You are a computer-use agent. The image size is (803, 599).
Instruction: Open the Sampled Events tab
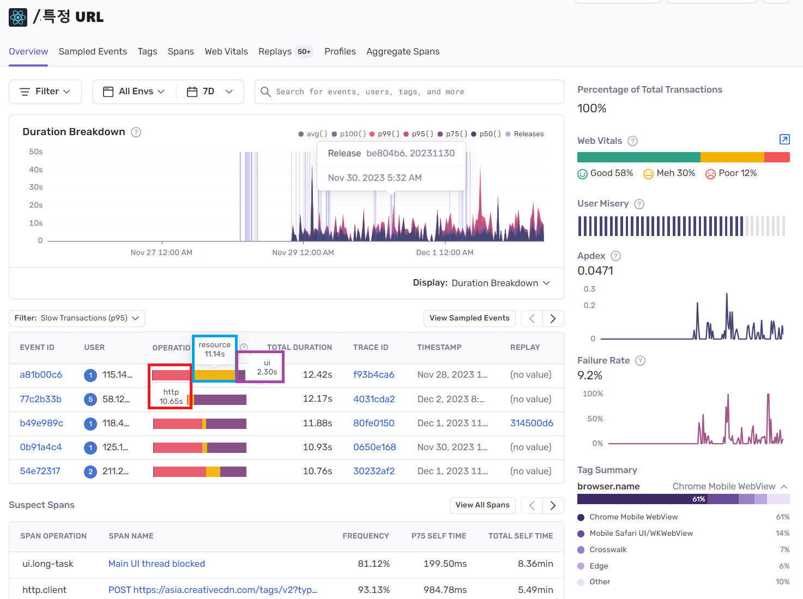93,52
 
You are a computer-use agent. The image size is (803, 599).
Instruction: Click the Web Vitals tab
226,52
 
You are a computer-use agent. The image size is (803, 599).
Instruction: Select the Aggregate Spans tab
403,52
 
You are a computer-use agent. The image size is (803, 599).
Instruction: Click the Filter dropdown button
45,92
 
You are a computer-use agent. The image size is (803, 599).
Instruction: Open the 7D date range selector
210,92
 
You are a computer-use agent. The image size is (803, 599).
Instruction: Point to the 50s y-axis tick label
35,152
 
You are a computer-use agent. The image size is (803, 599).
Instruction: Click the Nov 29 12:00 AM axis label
303,252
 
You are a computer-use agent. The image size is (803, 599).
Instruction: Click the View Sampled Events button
469,318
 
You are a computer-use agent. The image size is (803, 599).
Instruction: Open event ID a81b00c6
41,375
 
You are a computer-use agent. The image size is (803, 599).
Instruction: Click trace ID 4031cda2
374,399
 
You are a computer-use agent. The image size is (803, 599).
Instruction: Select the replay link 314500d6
532,423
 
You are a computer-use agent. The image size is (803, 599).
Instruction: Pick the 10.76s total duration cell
317,471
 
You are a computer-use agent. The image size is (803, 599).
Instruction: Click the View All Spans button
482,505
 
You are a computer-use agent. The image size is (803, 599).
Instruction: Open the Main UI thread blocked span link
156,564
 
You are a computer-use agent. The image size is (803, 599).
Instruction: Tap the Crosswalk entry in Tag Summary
608,549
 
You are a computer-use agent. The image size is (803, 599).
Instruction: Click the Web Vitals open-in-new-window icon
784,140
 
